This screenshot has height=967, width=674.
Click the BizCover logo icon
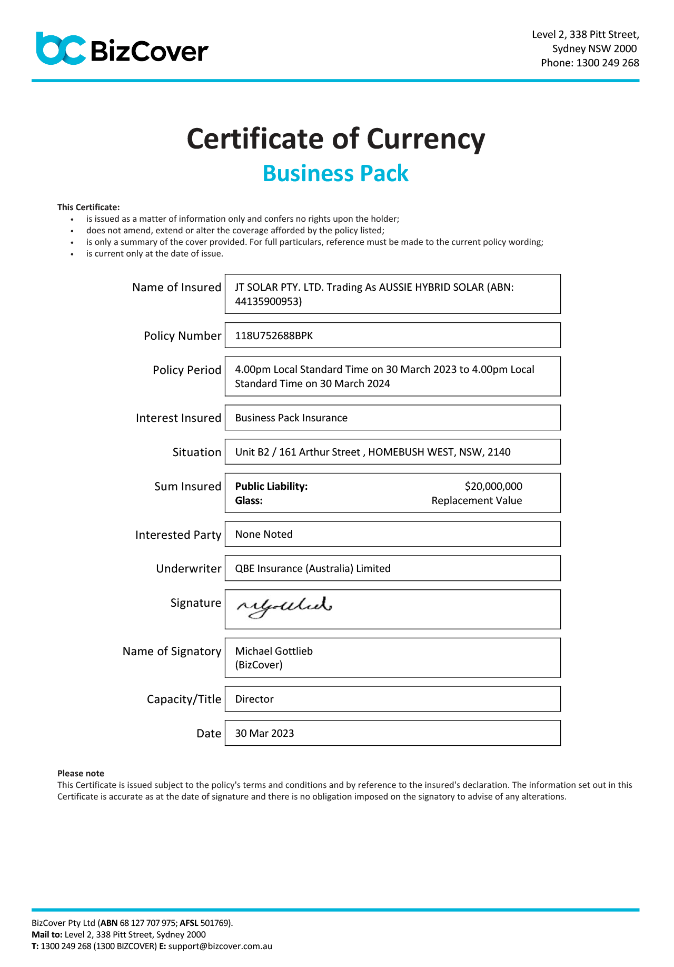point(61,49)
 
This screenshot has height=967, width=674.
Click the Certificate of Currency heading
point(336,139)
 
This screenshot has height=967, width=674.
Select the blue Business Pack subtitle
point(335,173)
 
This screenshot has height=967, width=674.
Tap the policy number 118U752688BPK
point(274,336)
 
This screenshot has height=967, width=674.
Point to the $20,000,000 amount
point(493,487)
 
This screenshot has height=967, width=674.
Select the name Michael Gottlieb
point(274,652)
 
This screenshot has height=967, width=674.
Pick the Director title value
point(254,699)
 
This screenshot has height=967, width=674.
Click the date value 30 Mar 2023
point(264,734)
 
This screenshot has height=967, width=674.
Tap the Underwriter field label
point(189,569)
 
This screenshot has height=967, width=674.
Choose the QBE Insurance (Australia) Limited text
point(313,569)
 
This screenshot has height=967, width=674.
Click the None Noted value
point(264,535)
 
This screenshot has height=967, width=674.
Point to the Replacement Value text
point(477,501)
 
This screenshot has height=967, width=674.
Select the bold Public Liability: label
point(271,487)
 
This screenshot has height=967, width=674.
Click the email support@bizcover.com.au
point(220,946)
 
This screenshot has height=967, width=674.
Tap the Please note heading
point(81,774)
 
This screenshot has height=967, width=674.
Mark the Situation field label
point(196,452)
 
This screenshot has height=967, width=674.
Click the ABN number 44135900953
point(268,302)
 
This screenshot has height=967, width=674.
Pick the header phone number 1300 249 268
point(608,63)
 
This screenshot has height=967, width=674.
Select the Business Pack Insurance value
point(291,418)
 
